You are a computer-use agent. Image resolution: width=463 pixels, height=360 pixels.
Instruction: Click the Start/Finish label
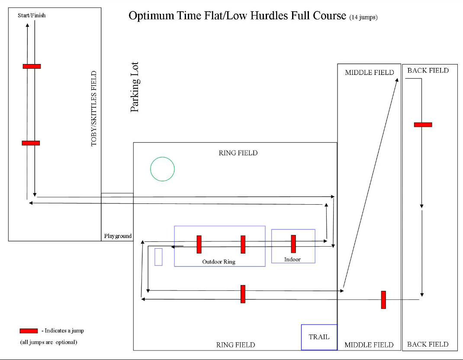pyautogui.click(x=32, y=16)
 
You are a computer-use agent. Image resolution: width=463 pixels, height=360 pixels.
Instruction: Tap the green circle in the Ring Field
pyautogui.click(x=162, y=169)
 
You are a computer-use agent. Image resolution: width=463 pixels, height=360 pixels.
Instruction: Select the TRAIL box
pyautogui.click(x=319, y=337)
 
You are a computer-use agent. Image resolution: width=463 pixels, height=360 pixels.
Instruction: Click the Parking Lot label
pyautogui.click(x=135, y=87)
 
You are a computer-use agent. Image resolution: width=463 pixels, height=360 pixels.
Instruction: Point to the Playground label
pyautogui.click(x=118, y=236)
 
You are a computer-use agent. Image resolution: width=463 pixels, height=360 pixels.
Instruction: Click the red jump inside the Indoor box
pyautogui.click(x=293, y=244)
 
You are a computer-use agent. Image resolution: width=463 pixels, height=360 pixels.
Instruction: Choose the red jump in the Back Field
pyautogui.click(x=423, y=125)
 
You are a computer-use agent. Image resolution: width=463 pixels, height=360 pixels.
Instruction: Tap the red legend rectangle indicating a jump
pyautogui.click(x=29, y=331)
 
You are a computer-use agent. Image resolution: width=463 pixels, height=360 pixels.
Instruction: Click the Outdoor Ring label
pyautogui.click(x=219, y=262)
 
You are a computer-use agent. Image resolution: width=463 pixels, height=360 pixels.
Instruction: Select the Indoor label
pyautogui.click(x=293, y=260)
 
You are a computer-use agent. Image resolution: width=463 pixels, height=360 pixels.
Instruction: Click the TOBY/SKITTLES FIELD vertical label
pyautogui.click(x=94, y=108)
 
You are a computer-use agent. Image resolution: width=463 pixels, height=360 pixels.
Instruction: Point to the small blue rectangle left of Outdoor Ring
pyautogui.click(x=158, y=257)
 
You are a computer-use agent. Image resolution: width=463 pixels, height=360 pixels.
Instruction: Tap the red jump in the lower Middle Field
pyautogui.click(x=383, y=299)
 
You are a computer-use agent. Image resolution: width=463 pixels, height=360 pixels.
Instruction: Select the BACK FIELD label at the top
pyautogui.click(x=428, y=71)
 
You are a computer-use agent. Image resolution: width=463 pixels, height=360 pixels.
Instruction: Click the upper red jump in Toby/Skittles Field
pyautogui.click(x=32, y=66)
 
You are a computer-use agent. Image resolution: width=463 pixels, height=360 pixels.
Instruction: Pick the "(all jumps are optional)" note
pyautogui.click(x=48, y=342)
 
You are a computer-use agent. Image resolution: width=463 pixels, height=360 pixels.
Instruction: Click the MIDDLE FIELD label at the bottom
pyautogui.click(x=369, y=345)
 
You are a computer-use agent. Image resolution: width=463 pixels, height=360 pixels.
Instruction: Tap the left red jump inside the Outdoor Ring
pyautogui.click(x=199, y=244)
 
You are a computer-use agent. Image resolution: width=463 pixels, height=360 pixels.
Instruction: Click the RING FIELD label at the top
pyautogui.click(x=238, y=153)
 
